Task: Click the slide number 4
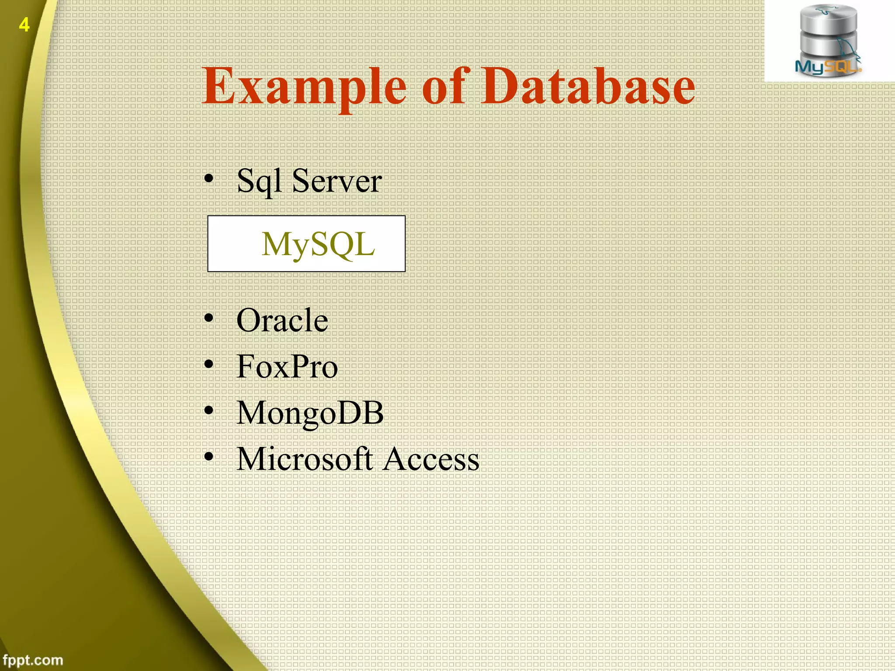pos(24,25)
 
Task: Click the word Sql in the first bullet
pos(259,181)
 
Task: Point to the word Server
pos(336,181)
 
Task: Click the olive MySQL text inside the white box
pos(318,244)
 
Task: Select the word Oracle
pos(282,320)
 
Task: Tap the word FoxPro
pos(287,367)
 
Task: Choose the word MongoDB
pos(310,413)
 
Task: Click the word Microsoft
pos(304,459)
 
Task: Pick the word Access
pos(431,459)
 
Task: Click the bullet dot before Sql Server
pos(209,179)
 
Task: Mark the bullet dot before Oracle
pos(209,318)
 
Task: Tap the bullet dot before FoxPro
pos(209,364)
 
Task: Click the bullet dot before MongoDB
pos(209,411)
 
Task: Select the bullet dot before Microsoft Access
pos(209,457)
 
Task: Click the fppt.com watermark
pos(33,660)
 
